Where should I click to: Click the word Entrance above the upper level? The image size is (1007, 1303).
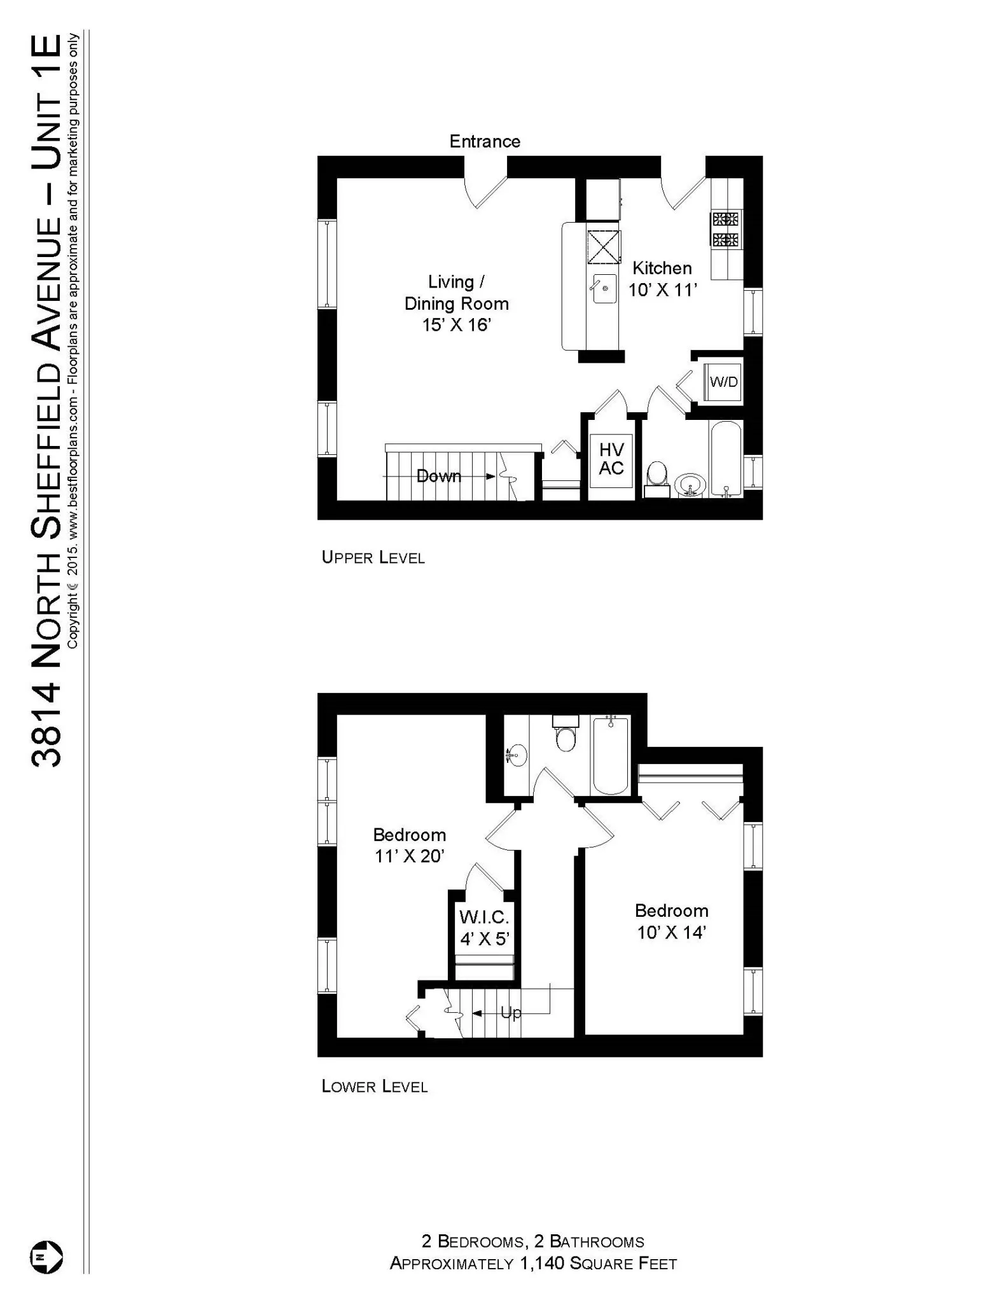click(x=485, y=141)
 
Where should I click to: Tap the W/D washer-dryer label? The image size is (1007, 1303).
click(x=724, y=382)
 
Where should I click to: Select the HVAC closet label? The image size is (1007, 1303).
click(x=611, y=459)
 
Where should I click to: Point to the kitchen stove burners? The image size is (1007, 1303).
click(x=726, y=230)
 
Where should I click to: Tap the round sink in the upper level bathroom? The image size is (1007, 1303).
click(x=690, y=485)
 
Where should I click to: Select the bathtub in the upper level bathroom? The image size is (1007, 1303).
click(x=726, y=459)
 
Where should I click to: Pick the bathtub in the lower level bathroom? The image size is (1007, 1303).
click(x=611, y=755)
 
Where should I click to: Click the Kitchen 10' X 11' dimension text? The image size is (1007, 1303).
click(x=663, y=290)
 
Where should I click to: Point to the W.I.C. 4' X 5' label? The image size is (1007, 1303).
click(x=485, y=928)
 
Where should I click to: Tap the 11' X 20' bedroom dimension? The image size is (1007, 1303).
click(x=409, y=856)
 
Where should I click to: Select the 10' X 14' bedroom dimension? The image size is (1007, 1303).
click(x=672, y=933)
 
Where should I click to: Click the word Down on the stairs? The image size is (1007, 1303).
click(x=439, y=476)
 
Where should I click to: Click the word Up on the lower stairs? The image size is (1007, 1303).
click(x=511, y=1012)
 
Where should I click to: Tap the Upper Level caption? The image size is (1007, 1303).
click(x=373, y=558)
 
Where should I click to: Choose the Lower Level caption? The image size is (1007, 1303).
click(x=375, y=1087)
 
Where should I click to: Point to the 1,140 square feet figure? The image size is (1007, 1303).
click(x=543, y=1263)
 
